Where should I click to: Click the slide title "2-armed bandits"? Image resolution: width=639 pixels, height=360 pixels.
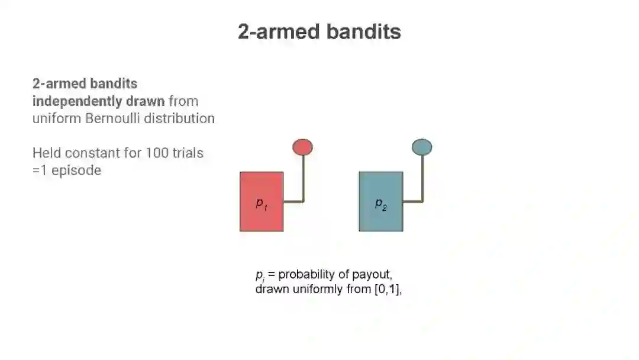click(319, 31)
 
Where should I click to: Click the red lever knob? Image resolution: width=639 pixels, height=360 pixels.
click(302, 147)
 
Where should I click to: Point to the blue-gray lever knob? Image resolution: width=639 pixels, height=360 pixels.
click(422, 147)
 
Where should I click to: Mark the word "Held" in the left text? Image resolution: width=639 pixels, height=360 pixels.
click(47, 153)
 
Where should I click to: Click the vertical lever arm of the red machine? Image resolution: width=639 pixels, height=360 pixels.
click(304, 178)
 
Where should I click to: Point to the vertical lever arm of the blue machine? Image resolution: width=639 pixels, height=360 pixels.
click(422, 178)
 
